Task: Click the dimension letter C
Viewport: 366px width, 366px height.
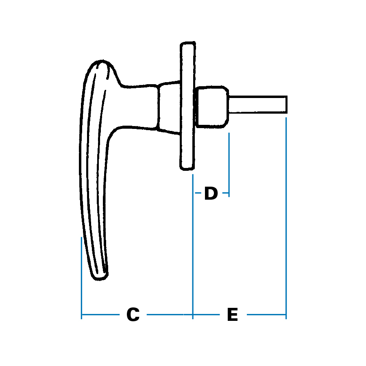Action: (x=133, y=315)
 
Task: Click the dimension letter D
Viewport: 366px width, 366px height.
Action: (x=211, y=194)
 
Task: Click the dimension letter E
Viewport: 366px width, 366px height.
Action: (x=232, y=315)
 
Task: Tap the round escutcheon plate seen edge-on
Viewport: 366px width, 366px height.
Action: (x=187, y=106)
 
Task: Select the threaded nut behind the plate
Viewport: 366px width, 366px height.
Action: (x=211, y=107)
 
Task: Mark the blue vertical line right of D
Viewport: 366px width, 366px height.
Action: (x=229, y=165)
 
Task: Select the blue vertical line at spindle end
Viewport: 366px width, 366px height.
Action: (x=286, y=216)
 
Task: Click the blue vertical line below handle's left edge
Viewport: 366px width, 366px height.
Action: (x=82, y=277)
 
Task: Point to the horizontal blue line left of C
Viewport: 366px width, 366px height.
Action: (x=100, y=314)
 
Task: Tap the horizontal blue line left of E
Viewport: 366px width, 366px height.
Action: (x=206, y=314)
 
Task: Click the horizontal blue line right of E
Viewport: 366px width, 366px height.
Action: (x=266, y=314)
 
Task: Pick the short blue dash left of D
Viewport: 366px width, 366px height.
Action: (x=198, y=193)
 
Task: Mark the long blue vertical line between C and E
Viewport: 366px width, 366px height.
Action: (x=193, y=244)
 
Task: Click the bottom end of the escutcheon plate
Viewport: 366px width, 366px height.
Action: (x=187, y=168)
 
